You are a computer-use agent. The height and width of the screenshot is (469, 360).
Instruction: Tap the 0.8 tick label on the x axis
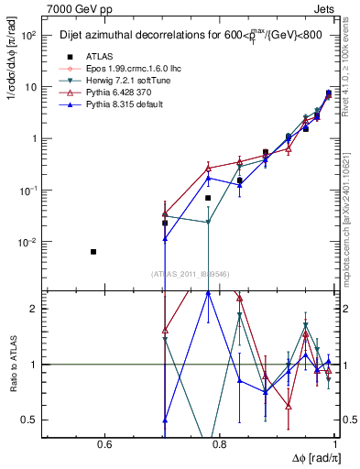point(221,446)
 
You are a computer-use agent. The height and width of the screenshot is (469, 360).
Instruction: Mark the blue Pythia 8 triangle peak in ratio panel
point(209,292)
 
